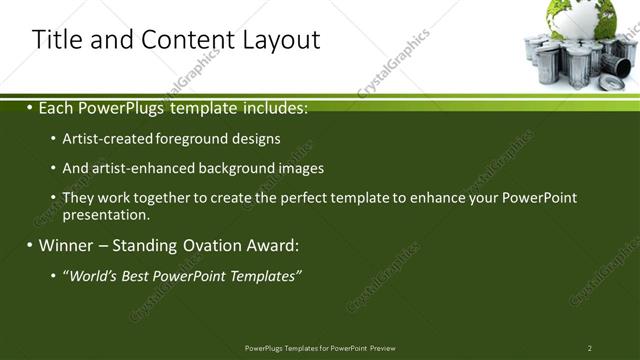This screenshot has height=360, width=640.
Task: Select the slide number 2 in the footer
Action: [590, 347]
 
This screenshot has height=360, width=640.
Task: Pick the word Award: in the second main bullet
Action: [273, 245]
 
